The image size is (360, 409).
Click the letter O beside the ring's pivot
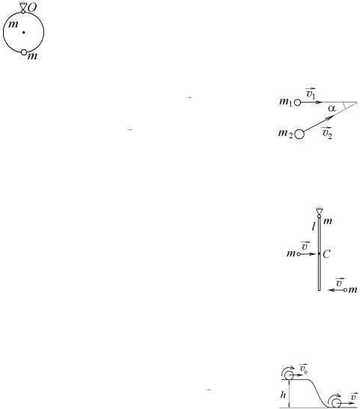(x=32, y=7)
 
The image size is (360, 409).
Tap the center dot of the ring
(x=23, y=32)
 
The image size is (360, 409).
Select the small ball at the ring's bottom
(x=24, y=52)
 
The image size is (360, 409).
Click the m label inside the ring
(x=13, y=24)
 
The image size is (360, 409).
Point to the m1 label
(x=286, y=102)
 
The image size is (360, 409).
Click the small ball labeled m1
(x=298, y=102)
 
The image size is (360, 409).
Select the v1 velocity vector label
(x=311, y=93)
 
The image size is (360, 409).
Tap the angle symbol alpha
(x=332, y=108)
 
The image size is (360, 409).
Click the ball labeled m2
(x=299, y=135)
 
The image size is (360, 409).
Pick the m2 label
(x=285, y=134)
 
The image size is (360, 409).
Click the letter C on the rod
(x=326, y=253)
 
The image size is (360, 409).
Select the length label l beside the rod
(x=314, y=227)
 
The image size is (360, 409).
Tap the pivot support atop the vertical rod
(x=319, y=212)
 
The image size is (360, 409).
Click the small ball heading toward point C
(x=299, y=253)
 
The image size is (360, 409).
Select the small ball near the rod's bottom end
(x=346, y=289)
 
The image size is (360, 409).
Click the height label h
(x=283, y=395)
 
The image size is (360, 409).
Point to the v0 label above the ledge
(x=304, y=369)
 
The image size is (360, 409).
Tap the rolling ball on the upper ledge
(x=289, y=375)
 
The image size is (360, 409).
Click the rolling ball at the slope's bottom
(x=336, y=403)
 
